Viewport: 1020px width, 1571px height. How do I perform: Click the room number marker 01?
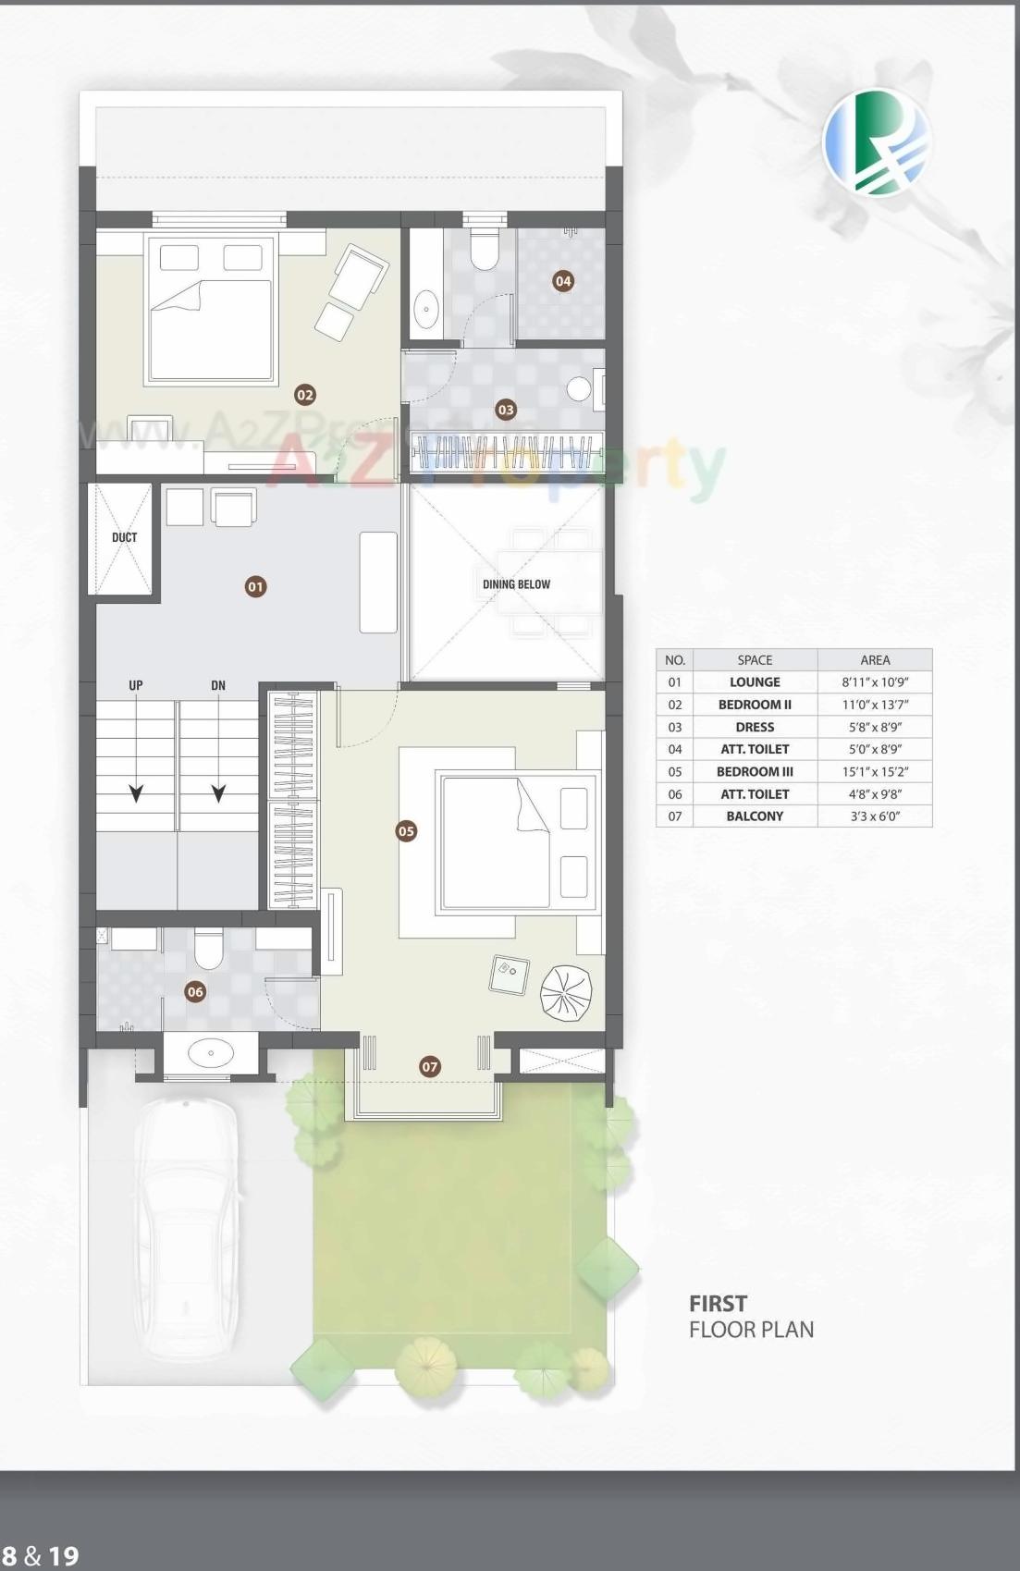coord(255,586)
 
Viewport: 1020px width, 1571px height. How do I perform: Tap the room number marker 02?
coord(304,395)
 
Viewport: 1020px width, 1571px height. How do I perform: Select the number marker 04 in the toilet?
coord(563,280)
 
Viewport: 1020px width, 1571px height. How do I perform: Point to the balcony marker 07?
coord(430,1066)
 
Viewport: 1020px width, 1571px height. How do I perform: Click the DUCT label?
coord(124,537)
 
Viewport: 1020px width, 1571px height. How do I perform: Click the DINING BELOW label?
coord(516,584)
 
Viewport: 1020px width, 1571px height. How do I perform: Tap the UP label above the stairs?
coord(136,685)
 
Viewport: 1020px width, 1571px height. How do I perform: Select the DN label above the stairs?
coord(218,685)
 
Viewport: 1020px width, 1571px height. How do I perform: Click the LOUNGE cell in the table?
coord(755,682)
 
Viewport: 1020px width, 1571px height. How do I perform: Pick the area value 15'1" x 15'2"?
coord(875,771)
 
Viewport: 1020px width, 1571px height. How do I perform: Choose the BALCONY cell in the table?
coord(755,816)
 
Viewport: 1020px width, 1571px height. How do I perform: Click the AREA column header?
coord(875,660)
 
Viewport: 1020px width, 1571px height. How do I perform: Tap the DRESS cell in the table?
coord(755,727)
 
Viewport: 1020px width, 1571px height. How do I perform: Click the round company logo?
coord(877,143)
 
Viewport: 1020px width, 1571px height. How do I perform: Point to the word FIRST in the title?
coord(718,1304)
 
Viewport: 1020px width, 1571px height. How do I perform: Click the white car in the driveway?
coord(187,1225)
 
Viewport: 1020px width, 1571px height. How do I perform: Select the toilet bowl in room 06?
coord(209,950)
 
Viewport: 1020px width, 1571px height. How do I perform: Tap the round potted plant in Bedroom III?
coord(565,992)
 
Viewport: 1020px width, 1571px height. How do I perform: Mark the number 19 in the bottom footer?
coord(63,1556)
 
